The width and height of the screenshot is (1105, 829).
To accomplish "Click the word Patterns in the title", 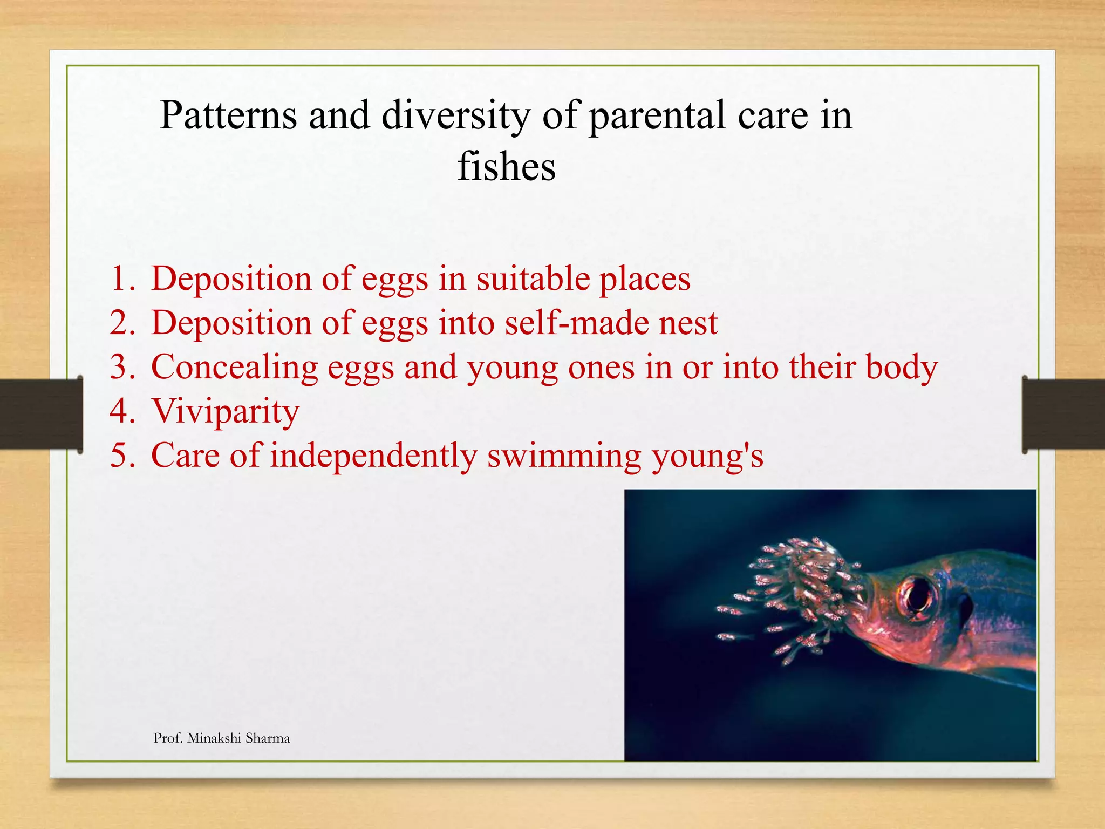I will (228, 115).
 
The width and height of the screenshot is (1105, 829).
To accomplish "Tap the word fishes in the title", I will (507, 167).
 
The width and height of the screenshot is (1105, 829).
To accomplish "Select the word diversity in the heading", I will (456, 115).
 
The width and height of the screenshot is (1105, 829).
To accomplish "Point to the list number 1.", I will (122, 279).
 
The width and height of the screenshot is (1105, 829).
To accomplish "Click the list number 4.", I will (122, 411).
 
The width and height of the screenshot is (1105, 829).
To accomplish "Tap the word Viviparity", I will (225, 411).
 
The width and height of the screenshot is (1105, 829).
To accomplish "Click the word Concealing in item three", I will (235, 368).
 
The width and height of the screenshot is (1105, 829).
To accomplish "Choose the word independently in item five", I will (373, 456).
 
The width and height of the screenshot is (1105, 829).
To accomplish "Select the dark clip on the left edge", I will (41, 414).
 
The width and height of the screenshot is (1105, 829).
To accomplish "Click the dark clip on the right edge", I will (1063, 414).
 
